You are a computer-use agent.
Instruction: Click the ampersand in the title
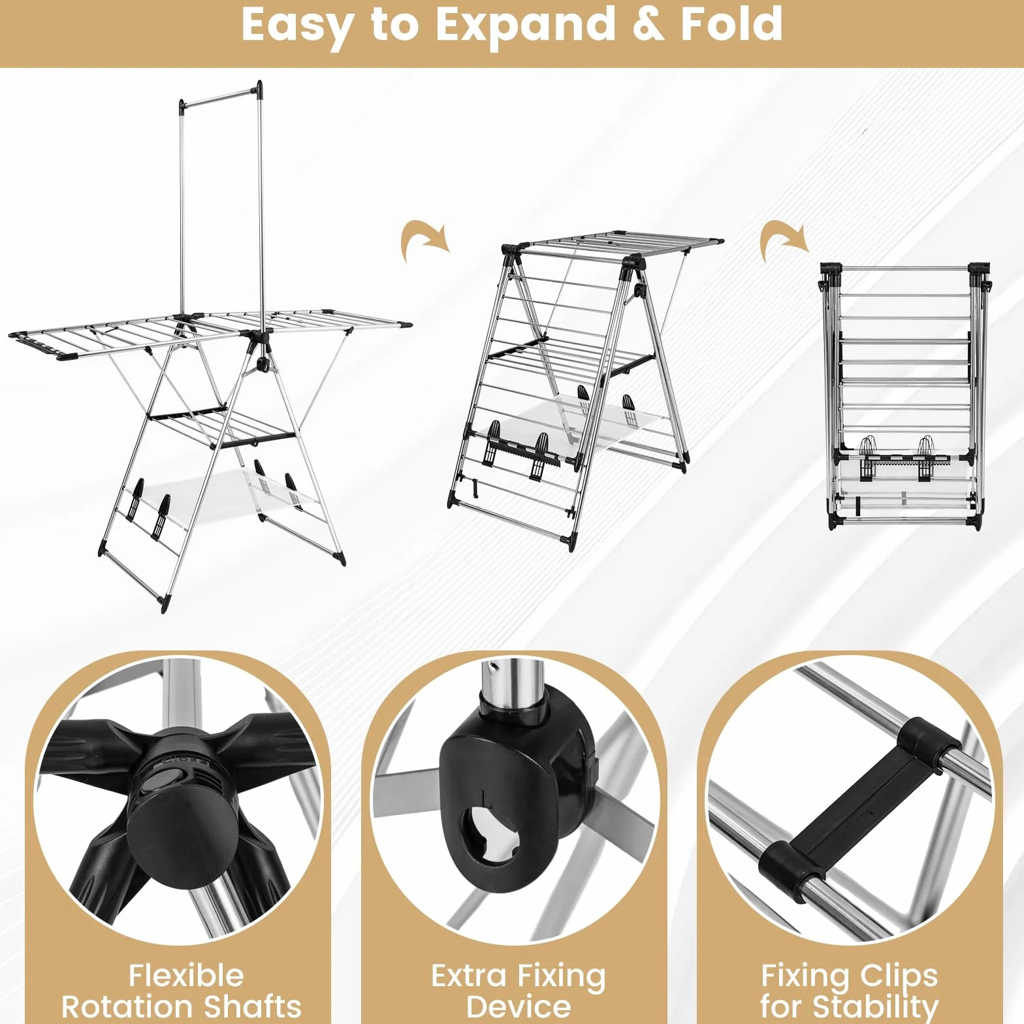click(648, 25)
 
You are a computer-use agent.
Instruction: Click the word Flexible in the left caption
click(186, 976)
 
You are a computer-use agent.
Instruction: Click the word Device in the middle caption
click(519, 1006)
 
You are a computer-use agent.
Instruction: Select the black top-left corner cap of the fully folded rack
click(831, 269)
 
